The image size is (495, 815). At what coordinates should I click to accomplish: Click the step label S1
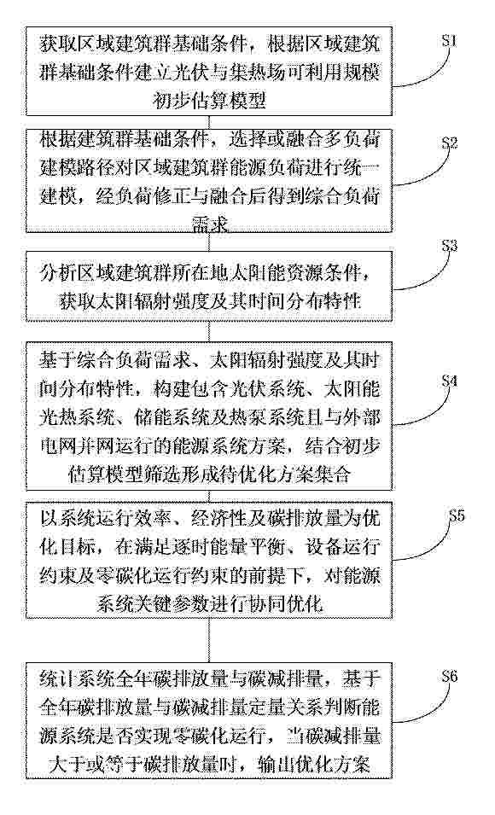coord(449,41)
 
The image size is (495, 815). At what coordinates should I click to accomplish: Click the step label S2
coord(449,143)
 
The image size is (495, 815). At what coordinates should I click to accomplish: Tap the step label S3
coord(449,246)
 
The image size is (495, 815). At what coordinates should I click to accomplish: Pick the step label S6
coord(449,676)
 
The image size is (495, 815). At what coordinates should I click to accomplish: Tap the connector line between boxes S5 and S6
coord(209,637)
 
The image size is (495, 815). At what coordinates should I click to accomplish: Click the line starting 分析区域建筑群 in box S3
coord(209,274)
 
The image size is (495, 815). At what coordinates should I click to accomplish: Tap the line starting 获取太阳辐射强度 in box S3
coord(209,300)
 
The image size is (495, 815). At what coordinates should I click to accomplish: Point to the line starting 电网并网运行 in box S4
coord(209,446)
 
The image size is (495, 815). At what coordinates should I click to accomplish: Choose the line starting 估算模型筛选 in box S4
coord(209,473)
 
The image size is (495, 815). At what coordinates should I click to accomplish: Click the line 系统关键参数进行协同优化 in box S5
coord(209,603)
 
